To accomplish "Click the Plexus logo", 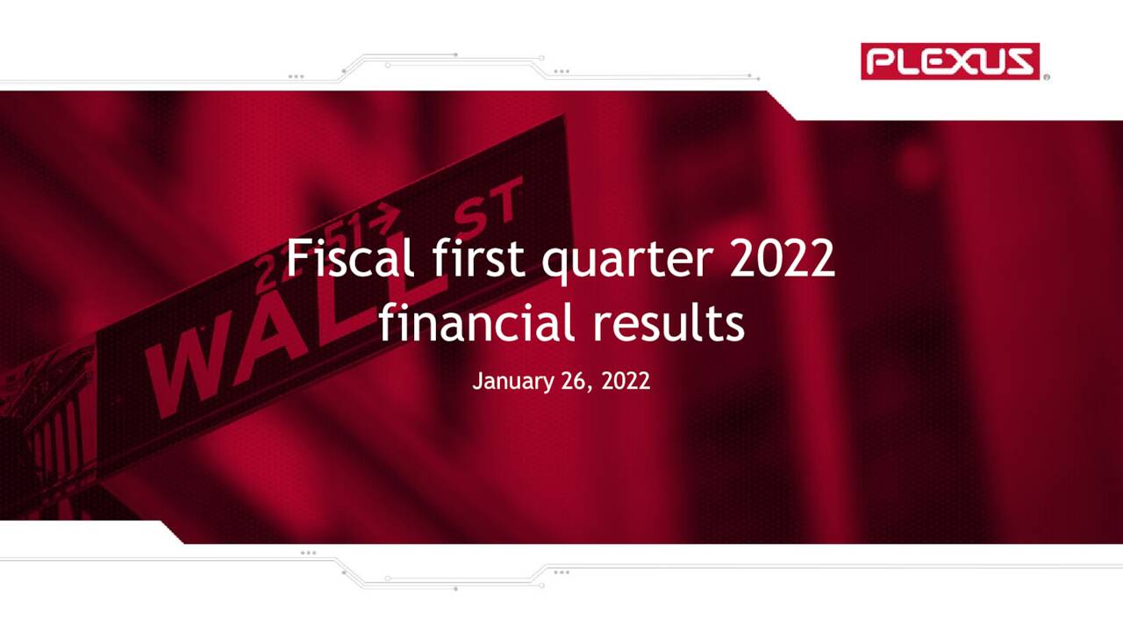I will point(949,61).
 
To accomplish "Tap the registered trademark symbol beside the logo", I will point(1047,78).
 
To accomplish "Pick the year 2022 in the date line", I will point(626,381).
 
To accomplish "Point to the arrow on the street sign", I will point(385,215).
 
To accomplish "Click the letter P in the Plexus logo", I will point(880,61).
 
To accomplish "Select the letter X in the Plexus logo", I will point(963,61).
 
